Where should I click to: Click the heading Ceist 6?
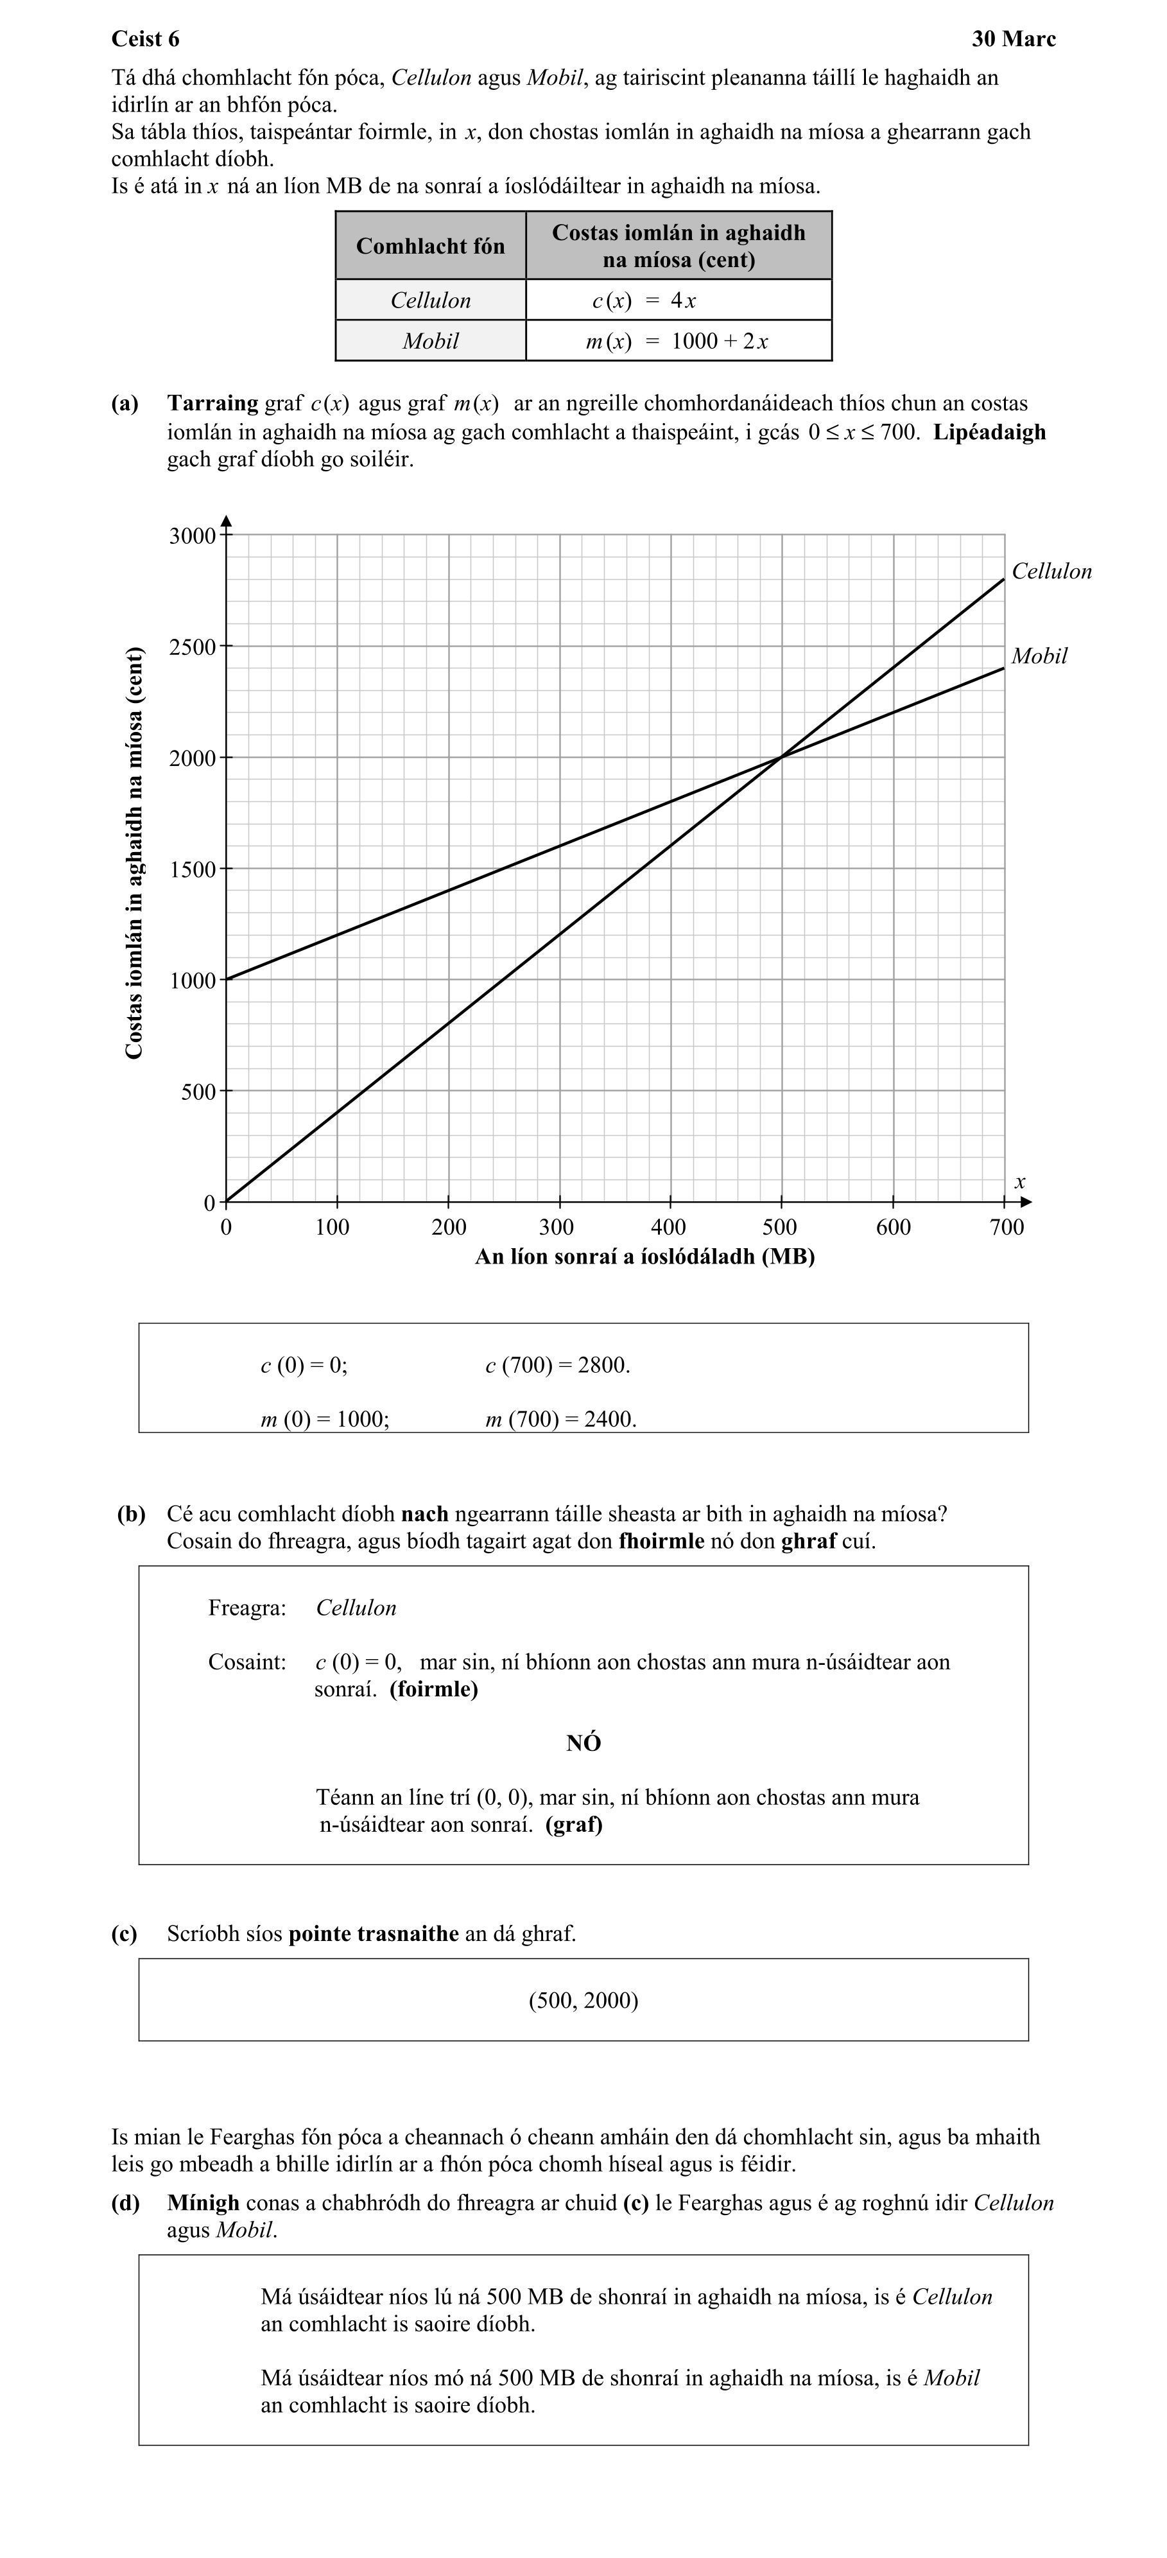(145, 39)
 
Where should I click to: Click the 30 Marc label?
(1013, 39)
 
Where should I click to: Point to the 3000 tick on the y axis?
(192, 536)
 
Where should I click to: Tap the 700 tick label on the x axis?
(1006, 1228)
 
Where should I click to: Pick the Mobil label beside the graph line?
(1039, 656)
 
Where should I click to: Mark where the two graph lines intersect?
(782, 758)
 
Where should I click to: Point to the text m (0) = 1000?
(325, 1419)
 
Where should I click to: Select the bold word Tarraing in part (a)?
(212, 403)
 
